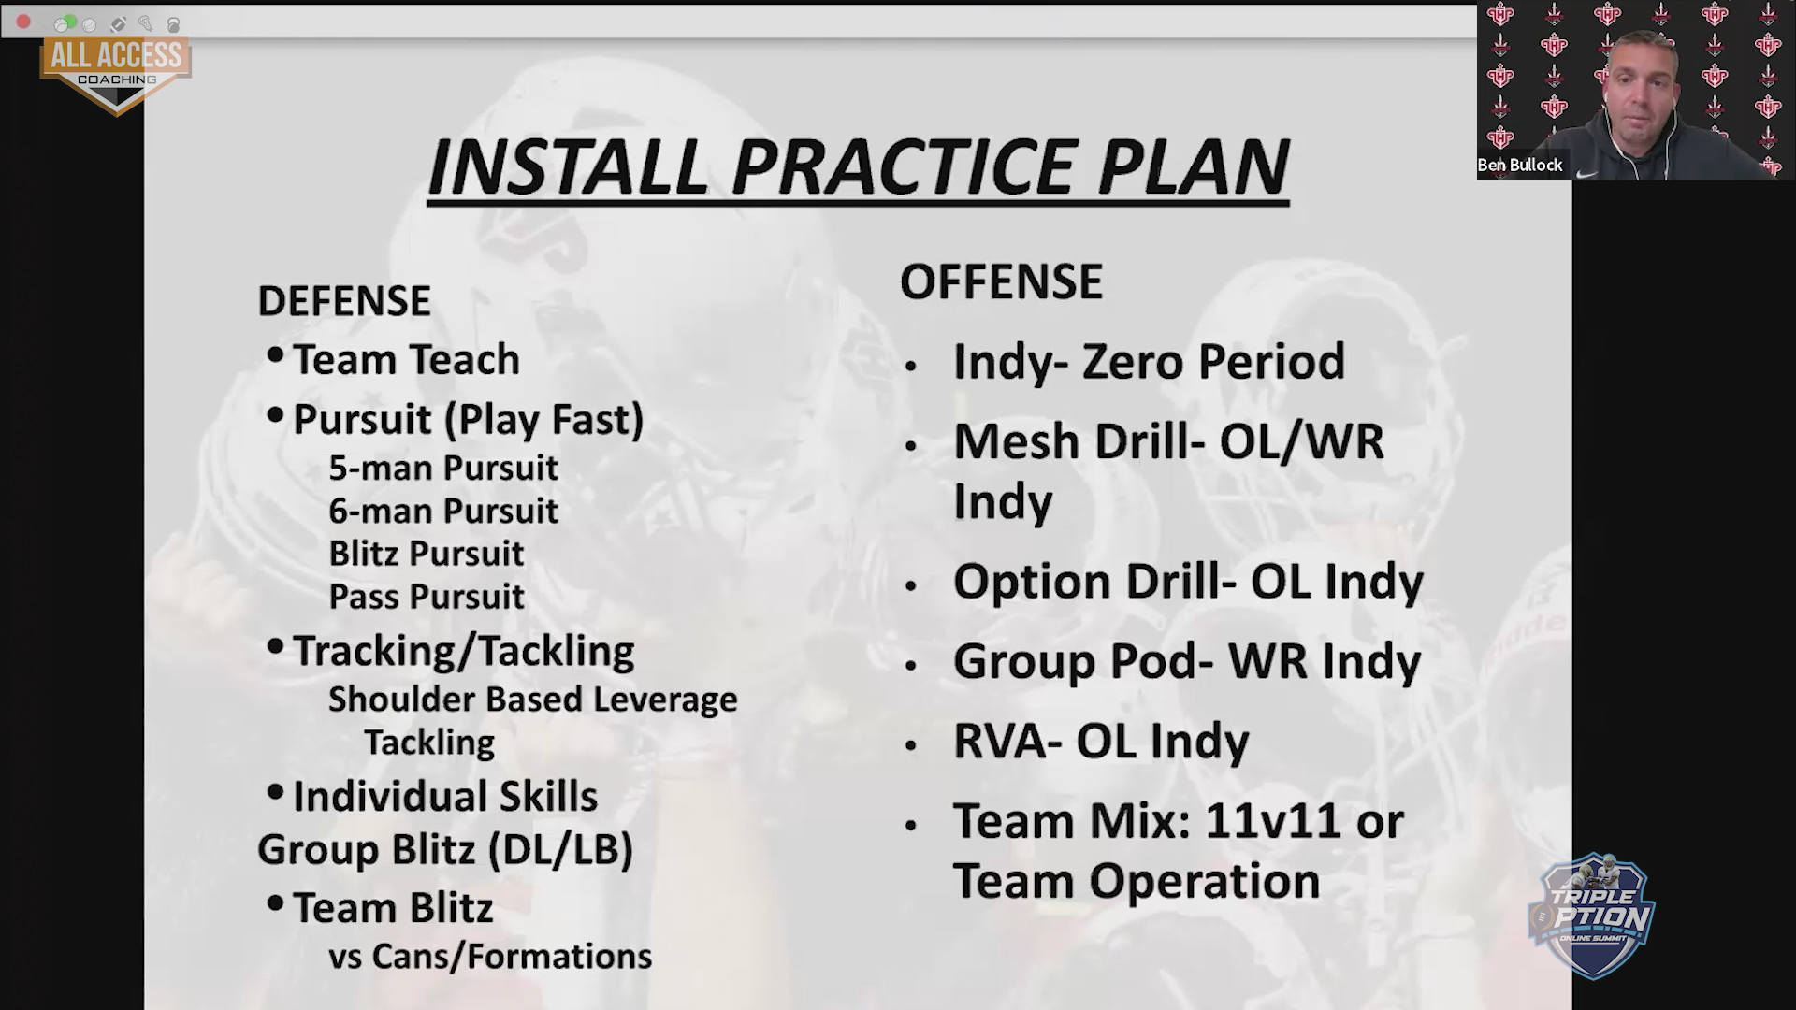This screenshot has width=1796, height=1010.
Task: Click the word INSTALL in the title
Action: coord(568,167)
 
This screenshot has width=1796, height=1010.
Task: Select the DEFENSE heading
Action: coord(344,301)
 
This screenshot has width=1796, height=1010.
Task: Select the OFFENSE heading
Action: coord(1002,281)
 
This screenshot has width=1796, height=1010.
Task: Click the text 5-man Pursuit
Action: coord(443,468)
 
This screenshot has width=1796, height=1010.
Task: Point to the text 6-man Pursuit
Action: coord(443,511)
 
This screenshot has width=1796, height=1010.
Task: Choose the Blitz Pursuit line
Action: coord(427,554)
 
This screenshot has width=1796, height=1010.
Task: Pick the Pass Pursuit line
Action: coord(427,597)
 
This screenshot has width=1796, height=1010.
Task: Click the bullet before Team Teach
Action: coord(275,355)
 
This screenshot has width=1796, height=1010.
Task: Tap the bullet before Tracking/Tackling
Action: coord(275,646)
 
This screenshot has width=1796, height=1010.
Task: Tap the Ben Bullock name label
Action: coord(1520,166)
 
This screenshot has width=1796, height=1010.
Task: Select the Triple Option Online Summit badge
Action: coord(1592,916)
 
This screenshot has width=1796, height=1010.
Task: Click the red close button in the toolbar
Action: coord(23,22)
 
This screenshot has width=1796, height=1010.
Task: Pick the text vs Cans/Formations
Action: coord(490,957)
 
